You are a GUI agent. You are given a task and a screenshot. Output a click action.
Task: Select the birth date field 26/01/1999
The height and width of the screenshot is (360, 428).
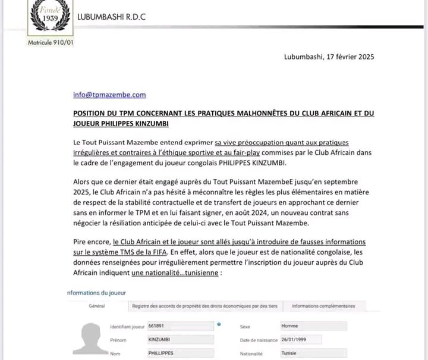304,339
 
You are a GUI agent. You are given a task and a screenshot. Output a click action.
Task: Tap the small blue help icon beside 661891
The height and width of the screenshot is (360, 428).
219,324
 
